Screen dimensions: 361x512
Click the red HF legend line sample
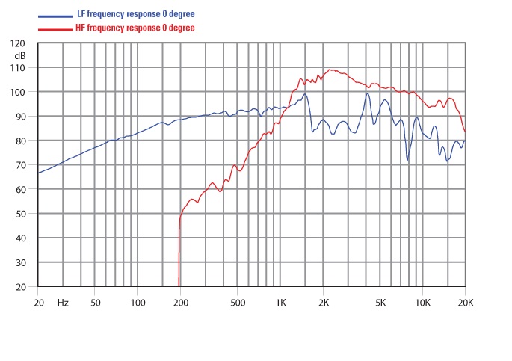click(57, 28)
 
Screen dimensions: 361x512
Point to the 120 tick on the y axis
click(18, 44)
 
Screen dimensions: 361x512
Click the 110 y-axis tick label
click(18, 68)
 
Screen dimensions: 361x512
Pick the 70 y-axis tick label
click(20, 165)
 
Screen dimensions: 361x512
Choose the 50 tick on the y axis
click(20, 214)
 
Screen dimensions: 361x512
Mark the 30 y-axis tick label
click(20, 262)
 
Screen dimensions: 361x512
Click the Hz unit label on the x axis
click(63, 303)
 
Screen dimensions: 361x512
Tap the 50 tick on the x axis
click(95, 303)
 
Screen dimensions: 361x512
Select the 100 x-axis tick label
click(138, 303)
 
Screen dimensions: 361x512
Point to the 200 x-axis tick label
click(180, 303)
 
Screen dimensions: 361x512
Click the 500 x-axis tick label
click(237, 303)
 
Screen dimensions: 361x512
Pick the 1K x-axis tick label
click(280, 303)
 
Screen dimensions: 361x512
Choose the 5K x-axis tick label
click(380, 303)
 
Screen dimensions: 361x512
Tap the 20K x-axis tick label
click(465, 303)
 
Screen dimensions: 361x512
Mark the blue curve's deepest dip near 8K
click(407, 160)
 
